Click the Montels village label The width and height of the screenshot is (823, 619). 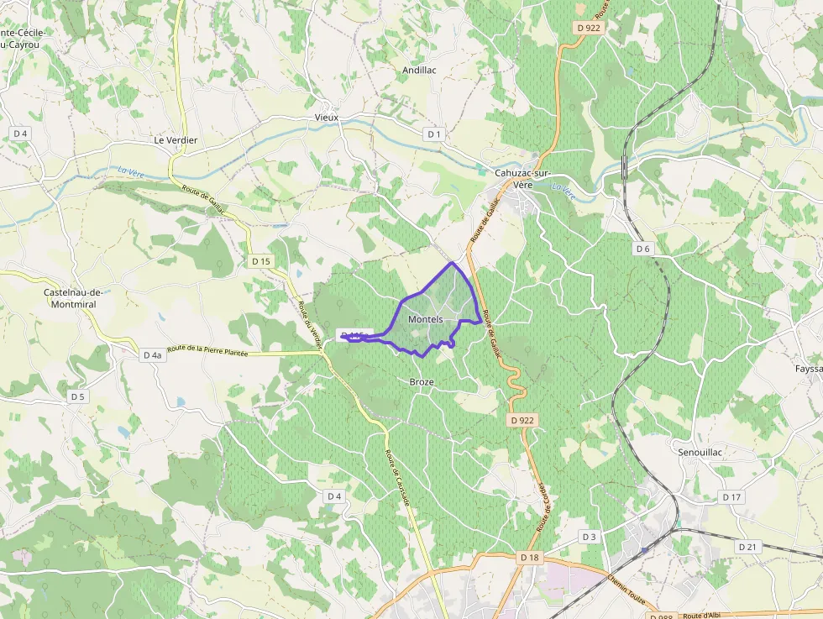coord(425,320)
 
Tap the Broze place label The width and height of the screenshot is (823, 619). coord(422,382)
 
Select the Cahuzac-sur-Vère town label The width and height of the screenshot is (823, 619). coord(522,179)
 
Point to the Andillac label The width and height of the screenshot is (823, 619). coord(419,71)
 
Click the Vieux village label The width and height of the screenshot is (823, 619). coord(326,118)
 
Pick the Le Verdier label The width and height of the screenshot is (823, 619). coord(176,140)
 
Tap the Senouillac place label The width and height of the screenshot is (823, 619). coord(700,452)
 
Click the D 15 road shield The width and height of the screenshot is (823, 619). coord(261,261)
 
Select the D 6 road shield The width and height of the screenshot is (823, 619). coord(642,249)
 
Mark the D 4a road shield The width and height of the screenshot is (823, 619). coord(151,355)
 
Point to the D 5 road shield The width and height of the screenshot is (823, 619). coord(78,396)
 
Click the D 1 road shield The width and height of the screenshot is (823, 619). coord(433,134)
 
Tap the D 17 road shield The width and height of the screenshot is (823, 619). coord(731,497)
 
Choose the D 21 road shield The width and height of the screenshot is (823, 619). coord(747,547)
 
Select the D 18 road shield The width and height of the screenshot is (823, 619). coord(529,557)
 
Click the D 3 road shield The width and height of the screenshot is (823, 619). coord(589,537)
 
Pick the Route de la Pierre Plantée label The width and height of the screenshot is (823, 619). coord(207,351)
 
